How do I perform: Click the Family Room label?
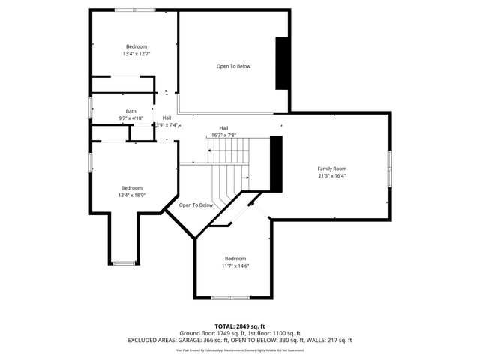(x=331, y=169)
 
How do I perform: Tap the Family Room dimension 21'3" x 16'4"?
(x=331, y=176)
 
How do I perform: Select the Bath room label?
(x=131, y=111)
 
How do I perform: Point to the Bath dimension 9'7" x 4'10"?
(x=130, y=118)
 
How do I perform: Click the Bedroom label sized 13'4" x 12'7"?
(x=136, y=46)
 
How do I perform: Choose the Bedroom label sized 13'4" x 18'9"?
(x=131, y=187)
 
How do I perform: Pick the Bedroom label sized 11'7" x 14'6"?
(x=235, y=259)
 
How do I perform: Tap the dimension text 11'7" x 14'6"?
(x=235, y=265)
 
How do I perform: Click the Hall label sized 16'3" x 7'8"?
(x=223, y=127)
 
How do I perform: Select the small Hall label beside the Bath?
(x=166, y=117)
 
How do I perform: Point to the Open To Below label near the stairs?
(x=196, y=205)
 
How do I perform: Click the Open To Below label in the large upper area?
(x=233, y=66)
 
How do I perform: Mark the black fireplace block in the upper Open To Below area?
(x=282, y=64)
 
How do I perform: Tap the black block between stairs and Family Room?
(x=276, y=163)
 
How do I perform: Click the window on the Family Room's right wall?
(x=389, y=169)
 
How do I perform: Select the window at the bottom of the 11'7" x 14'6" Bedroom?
(x=231, y=298)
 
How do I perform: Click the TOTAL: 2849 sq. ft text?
(x=239, y=326)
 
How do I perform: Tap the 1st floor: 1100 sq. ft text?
(x=274, y=333)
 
